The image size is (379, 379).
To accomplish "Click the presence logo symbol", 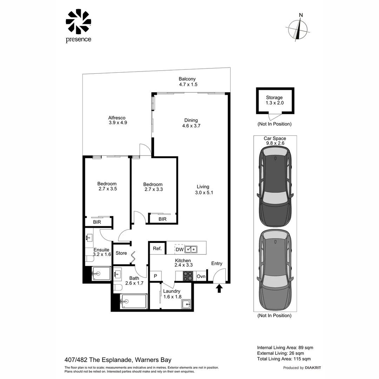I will click(x=78, y=22).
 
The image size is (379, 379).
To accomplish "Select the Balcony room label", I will click(x=187, y=79).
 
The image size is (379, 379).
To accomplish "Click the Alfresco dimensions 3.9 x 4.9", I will click(x=117, y=123).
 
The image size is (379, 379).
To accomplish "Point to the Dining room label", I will click(x=191, y=120).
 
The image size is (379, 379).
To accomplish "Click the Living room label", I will click(x=203, y=187).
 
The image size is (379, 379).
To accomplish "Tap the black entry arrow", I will click(x=219, y=288).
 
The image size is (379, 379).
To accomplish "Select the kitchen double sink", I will click(x=191, y=249).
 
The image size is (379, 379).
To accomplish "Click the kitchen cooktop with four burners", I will click(x=188, y=276).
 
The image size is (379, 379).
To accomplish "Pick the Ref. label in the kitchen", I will click(x=157, y=249).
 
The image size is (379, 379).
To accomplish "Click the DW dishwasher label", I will click(x=179, y=250).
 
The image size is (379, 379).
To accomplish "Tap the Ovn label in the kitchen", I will click(x=201, y=277).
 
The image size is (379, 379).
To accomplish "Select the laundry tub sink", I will click(x=186, y=304).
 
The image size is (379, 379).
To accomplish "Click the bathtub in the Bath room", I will click(x=133, y=301).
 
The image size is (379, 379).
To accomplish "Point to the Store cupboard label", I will click(x=121, y=253).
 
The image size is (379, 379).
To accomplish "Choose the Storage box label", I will click(x=274, y=98).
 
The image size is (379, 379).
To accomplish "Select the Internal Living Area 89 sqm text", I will click(x=285, y=347).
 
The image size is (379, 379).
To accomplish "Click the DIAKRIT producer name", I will click(x=313, y=368).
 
